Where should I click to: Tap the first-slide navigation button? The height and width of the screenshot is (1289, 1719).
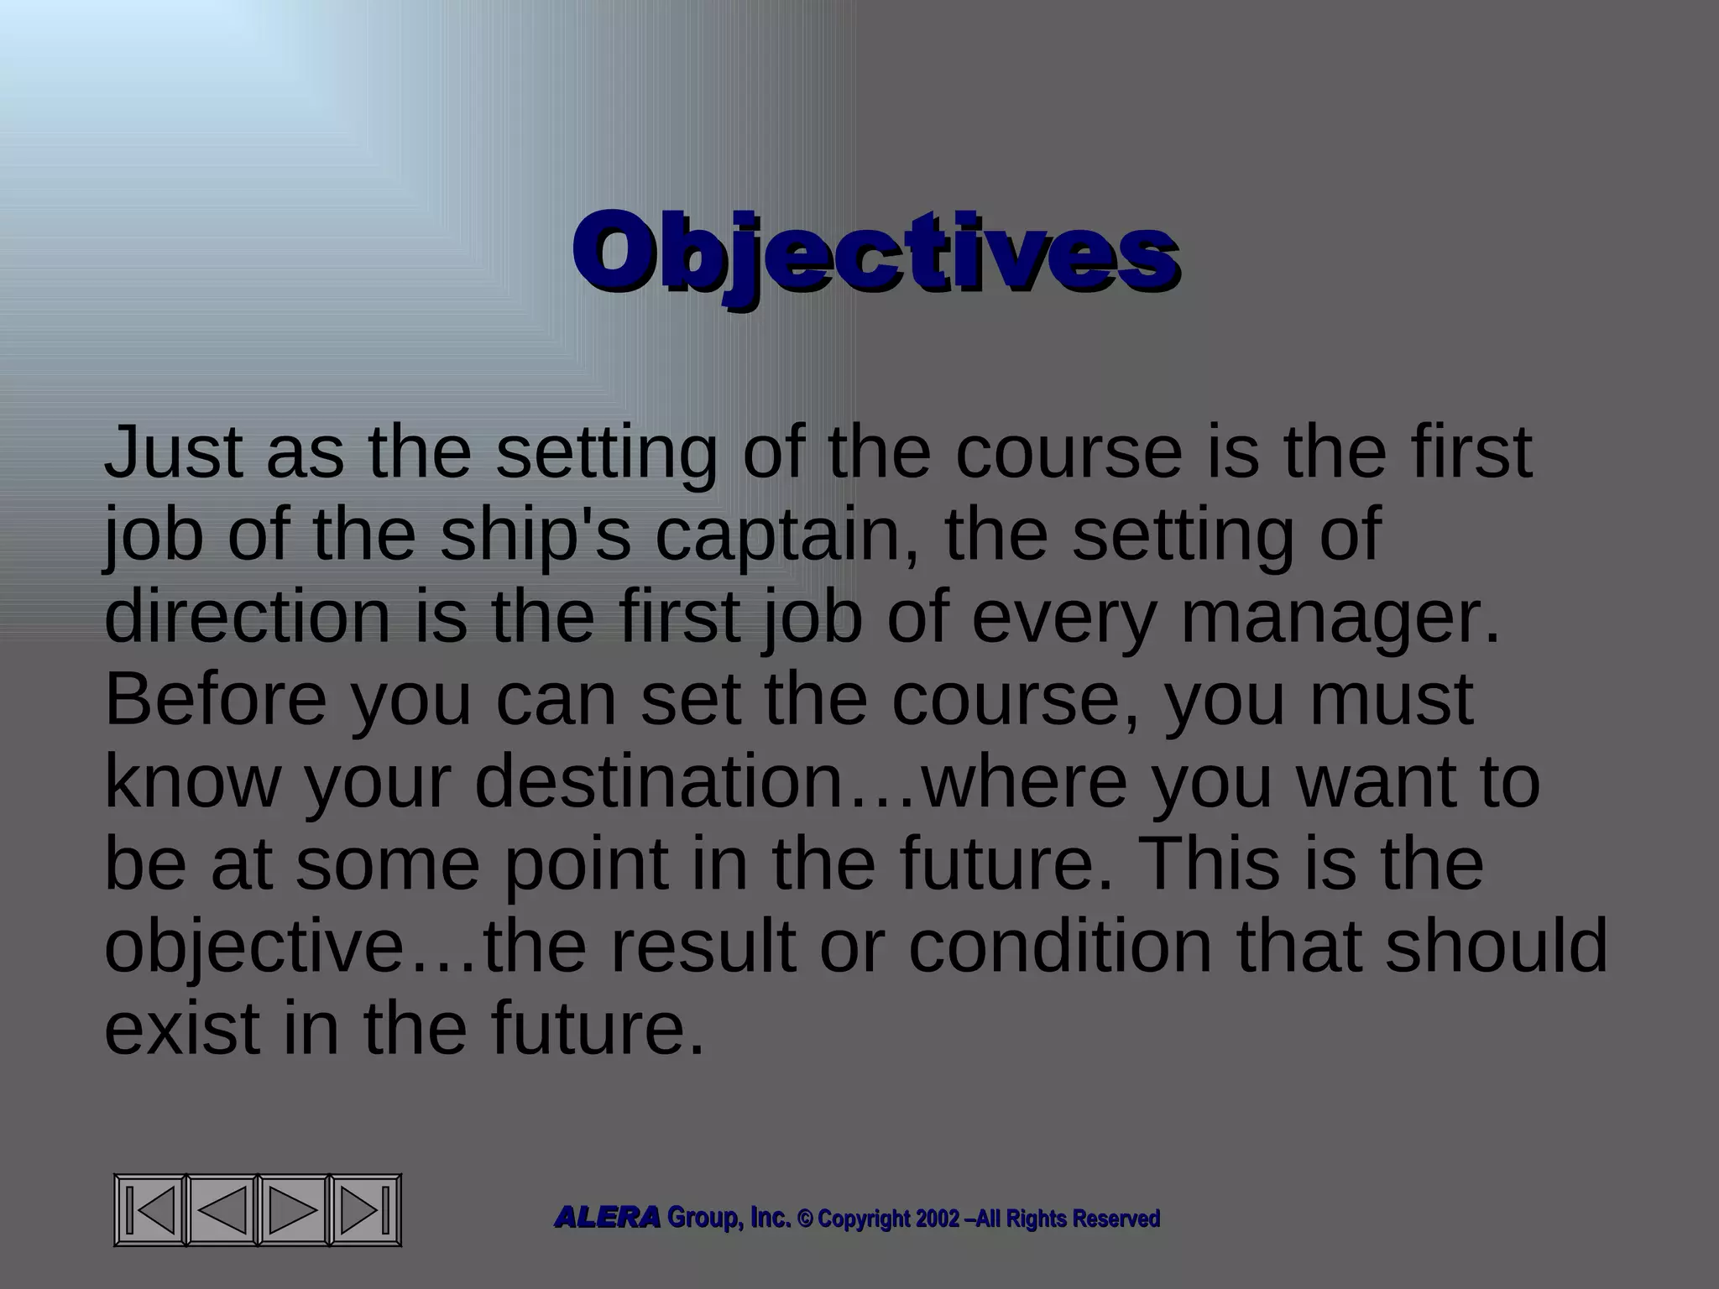(x=150, y=1209)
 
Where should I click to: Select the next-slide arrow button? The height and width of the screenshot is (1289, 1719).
(x=293, y=1209)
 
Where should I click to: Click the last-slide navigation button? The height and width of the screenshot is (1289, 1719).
(x=365, y=1209)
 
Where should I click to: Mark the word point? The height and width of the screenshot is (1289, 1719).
(x=585, y=864)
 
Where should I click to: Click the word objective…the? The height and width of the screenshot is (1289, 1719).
(x=345, y=946)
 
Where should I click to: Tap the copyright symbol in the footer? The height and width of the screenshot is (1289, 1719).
(x=805, y=1219)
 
